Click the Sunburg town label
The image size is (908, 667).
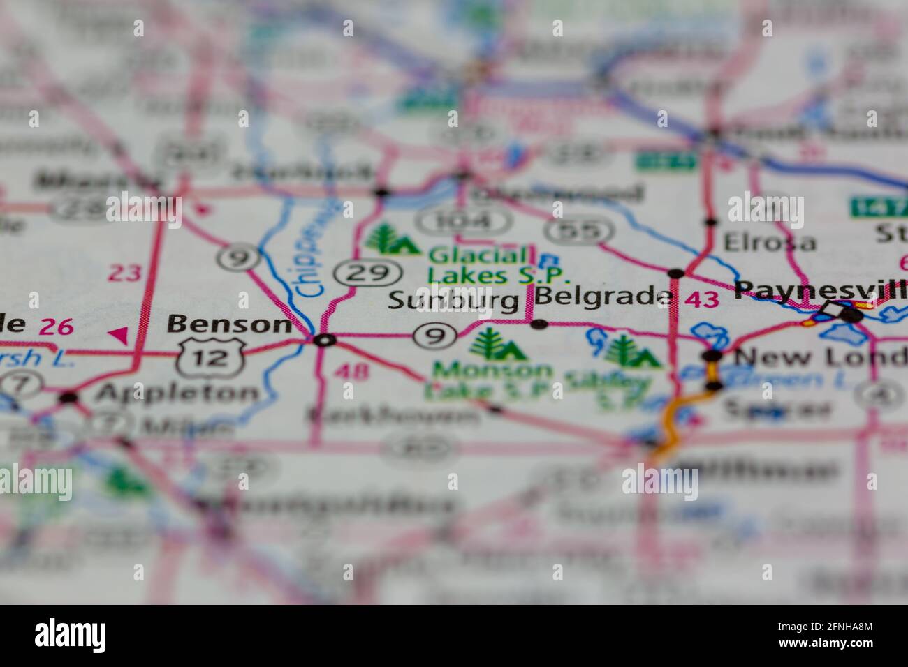[453, 301]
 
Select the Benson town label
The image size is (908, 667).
[229, 324]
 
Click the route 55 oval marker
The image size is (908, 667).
[579, 231]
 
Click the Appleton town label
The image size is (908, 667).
[176, 394]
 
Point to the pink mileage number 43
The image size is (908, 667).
[701, 299]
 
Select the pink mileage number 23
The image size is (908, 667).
[125, 273]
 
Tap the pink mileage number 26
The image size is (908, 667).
[57, 325]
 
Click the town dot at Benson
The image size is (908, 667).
[323, 340]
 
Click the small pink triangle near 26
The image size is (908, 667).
[119, 336]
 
